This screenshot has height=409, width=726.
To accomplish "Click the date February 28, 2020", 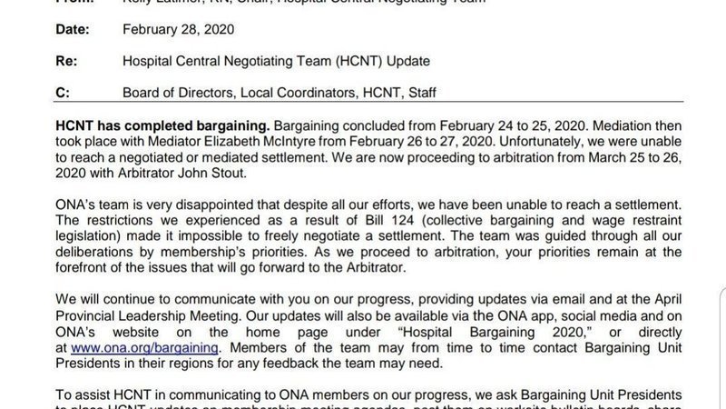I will click(179, 29).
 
